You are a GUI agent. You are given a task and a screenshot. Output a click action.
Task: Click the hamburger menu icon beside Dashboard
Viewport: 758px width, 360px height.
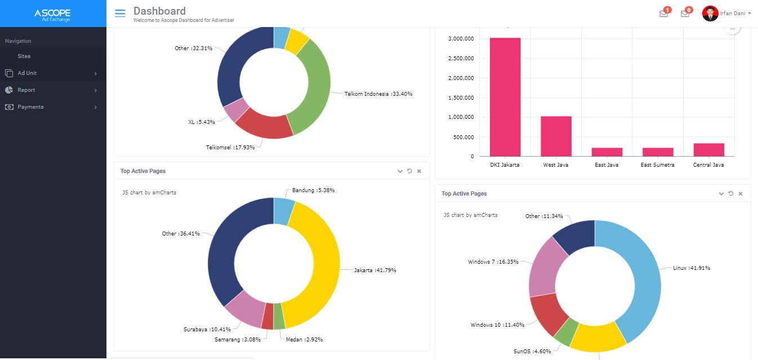[119, 14]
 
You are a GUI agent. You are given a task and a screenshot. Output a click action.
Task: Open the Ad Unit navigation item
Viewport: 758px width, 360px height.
[27, 73]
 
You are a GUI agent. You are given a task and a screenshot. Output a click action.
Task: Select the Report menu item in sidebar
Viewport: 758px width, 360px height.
[26, 90]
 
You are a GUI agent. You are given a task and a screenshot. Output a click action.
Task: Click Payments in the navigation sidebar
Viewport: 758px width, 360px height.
[30, 107]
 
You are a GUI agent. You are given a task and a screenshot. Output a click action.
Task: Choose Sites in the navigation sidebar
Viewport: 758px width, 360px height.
[24, 56]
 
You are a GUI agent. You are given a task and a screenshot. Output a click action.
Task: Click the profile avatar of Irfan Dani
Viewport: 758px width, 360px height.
[710, 14]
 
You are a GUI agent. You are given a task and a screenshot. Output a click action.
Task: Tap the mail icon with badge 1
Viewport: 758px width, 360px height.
[664, 14]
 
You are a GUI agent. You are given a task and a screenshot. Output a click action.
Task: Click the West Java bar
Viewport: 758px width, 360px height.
[556, 136]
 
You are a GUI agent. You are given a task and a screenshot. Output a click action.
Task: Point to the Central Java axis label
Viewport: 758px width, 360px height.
[708, 165]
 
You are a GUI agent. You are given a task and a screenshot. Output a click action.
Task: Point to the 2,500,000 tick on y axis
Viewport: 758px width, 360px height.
[461, 59]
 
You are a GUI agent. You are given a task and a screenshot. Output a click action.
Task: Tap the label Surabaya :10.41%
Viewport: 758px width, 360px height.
[207, 330]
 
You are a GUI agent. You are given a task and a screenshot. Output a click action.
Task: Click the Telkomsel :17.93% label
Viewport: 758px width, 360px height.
[230, 148]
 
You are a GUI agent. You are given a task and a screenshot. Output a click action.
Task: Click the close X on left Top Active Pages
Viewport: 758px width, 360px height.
[419, 171]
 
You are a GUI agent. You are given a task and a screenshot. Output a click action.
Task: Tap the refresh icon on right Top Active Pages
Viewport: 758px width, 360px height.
[730, 194]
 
